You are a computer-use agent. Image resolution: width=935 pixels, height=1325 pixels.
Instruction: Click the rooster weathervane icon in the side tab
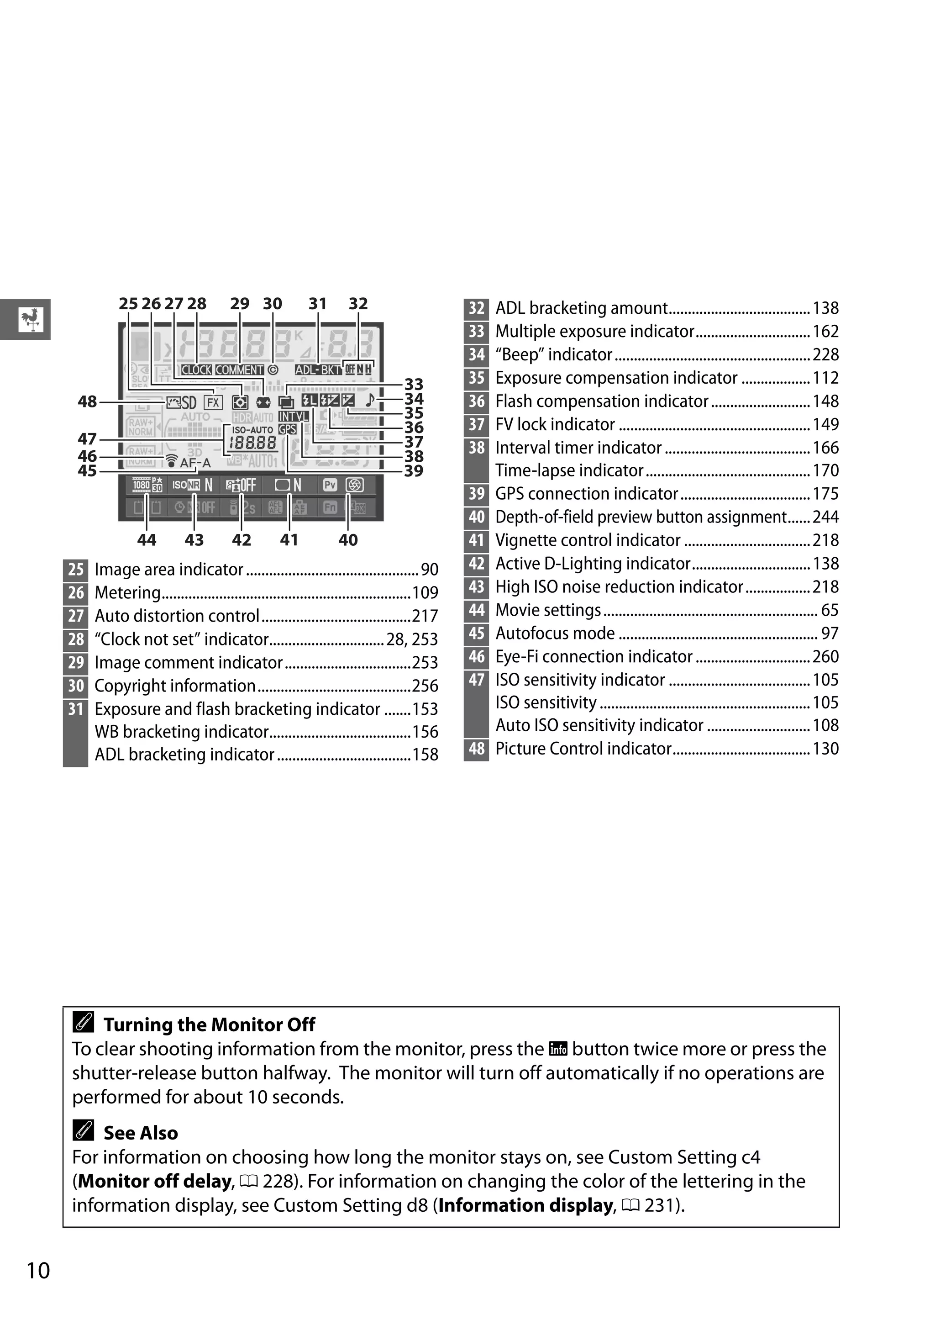[x=31, y=319]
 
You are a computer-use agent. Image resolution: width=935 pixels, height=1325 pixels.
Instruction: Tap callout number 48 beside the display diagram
[x=87, y=401]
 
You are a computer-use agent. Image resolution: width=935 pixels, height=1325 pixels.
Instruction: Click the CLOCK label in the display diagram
[x=196, y=370]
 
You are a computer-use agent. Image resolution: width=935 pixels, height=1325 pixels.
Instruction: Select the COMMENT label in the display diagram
[x=239, y=370]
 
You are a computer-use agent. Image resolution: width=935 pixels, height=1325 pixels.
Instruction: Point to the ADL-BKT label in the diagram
[x=318, y=370]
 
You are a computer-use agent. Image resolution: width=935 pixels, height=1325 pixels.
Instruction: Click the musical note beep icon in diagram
[x=370, y=400]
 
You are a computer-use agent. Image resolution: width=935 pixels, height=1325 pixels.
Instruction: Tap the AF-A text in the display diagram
[x=195, y=463]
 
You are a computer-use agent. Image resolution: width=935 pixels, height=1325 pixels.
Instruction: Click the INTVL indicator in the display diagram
[x=293, y=416]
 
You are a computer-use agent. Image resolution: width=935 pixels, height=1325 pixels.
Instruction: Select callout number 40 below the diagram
[x=348, y=540]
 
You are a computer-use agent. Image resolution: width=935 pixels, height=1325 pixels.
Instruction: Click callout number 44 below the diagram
[x=147, y=540]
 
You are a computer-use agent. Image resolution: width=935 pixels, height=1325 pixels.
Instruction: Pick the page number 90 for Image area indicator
[x=429, y=570]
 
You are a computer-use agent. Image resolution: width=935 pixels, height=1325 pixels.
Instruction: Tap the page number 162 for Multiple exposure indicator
[x=825, y=331]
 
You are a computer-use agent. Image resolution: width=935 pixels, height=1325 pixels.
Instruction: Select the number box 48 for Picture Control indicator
[x=476, y=749]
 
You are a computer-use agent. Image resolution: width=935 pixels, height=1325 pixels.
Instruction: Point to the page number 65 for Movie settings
[x=830, y=610]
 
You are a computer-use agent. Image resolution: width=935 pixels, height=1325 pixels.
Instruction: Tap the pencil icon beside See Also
[x=84, y=1130]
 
